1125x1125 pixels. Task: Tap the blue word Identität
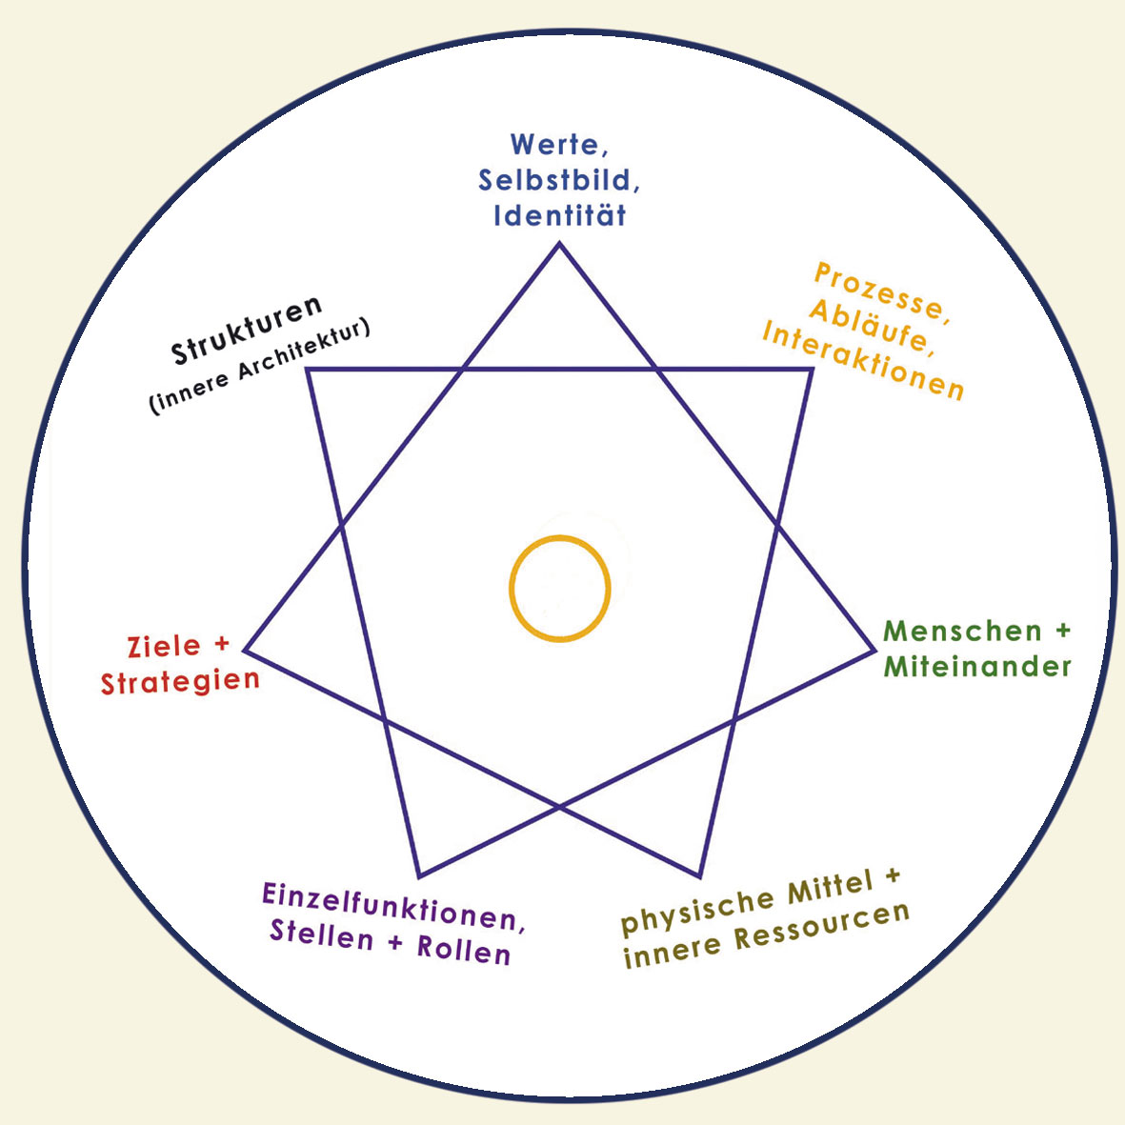point(560,214)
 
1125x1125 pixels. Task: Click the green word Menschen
point(950,631)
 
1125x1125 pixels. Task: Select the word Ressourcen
point(822,930)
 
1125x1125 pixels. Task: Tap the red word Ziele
point(164,647)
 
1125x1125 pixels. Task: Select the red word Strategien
point(180,682)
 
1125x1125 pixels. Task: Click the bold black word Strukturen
point(247,331)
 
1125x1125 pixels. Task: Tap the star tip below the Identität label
point(559,245)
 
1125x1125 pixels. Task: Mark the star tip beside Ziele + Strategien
point(246,651)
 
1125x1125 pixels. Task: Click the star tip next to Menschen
point(874,651)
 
